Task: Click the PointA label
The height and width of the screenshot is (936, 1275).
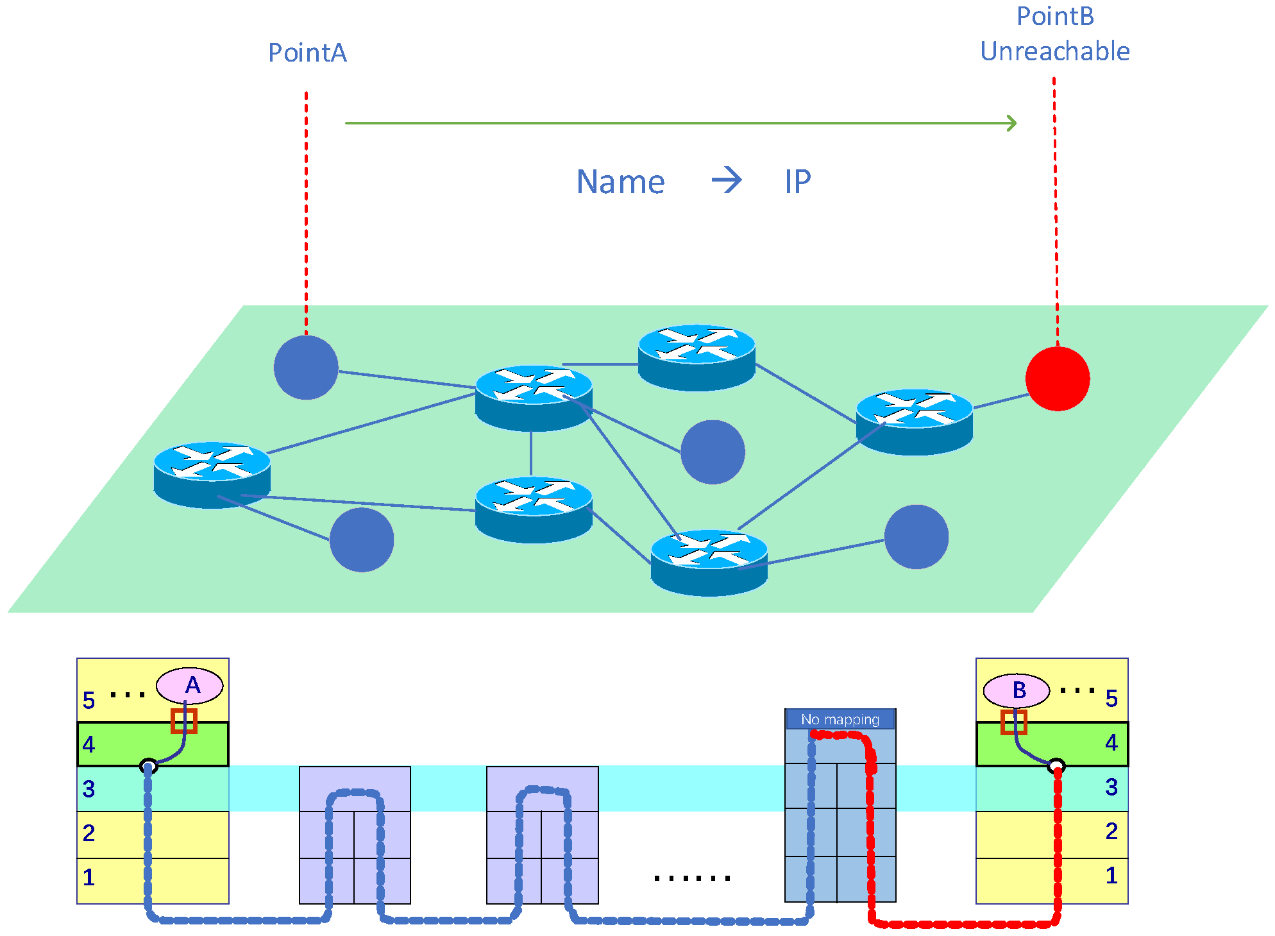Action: [x=307, y=53]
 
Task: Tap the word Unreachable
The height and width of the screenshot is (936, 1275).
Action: [x=1054, y=51]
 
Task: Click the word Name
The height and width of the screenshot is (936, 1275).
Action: [x=620, y=182]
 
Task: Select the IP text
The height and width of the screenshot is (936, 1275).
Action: [x=797, y=182]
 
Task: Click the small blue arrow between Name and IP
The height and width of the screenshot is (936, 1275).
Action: [x=727, y=180]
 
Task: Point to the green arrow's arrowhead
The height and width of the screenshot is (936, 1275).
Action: [x=1011, y=123]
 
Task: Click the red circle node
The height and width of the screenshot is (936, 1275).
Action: [x=1057, y=379]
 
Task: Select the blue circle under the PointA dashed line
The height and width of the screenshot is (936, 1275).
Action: [x=306, y=368]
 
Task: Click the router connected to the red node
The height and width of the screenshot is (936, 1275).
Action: [x=914, y=421]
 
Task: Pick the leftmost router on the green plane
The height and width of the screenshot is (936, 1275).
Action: [x=212, y=474]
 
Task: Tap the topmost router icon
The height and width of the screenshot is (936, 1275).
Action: [x=697, y=357]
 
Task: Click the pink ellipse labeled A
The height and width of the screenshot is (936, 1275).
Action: [x=190, y=686]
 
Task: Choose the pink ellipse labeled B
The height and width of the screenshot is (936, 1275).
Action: [x=1017, y=690]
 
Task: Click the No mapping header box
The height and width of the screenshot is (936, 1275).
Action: [x=840, y=719]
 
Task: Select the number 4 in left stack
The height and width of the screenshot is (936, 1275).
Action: [x=89, y=745]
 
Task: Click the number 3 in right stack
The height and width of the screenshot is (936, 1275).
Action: [x=1111, y=787]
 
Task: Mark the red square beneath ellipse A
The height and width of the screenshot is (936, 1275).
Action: [x=183, y=721]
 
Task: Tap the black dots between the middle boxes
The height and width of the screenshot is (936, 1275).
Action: [x=692, y=878]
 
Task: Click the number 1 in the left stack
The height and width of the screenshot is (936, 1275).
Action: [x=89, y=878]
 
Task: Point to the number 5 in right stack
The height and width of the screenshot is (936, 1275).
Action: [x=1111, y=698]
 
